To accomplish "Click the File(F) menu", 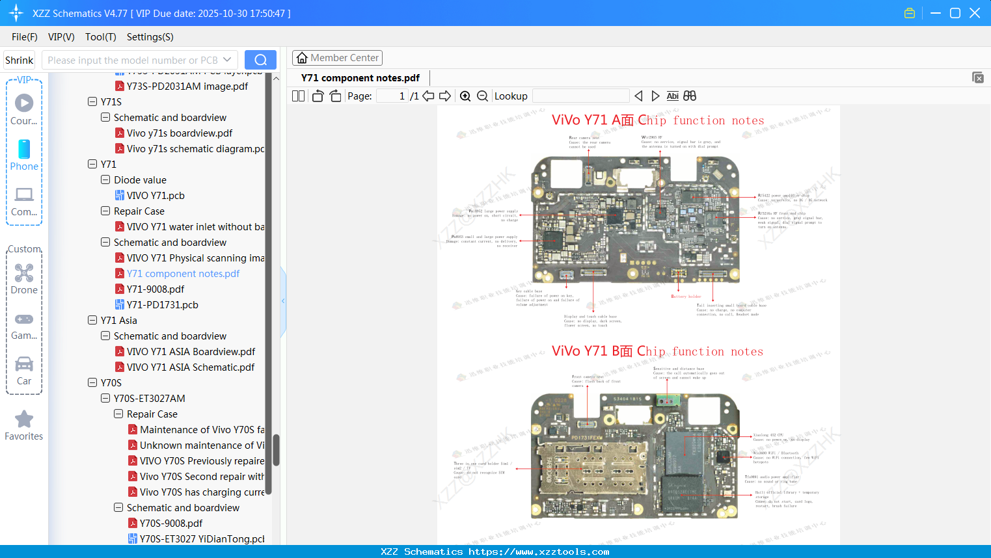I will (24, 37).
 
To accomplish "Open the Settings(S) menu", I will (150, 37).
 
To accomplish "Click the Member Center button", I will (337, 58).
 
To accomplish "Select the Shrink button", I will (20, 60).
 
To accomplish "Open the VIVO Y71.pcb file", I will (156, 196).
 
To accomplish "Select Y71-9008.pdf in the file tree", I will (156, 289).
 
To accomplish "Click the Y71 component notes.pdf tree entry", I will (183, 274).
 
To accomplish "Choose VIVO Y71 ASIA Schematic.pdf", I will (191, 367).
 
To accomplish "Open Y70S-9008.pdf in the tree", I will (171, 524).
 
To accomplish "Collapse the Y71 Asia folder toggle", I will (92, 321).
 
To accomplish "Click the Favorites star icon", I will (24, 419).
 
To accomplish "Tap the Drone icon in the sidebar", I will (24, 273).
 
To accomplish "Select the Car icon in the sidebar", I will (24, 364).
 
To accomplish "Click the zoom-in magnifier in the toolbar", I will (465, 96).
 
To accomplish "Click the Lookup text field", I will (580, 96).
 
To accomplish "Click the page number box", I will (392, 96).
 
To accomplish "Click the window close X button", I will (975, 13).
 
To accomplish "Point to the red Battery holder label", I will (686, 297).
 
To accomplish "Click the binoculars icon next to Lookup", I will (690, 96).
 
